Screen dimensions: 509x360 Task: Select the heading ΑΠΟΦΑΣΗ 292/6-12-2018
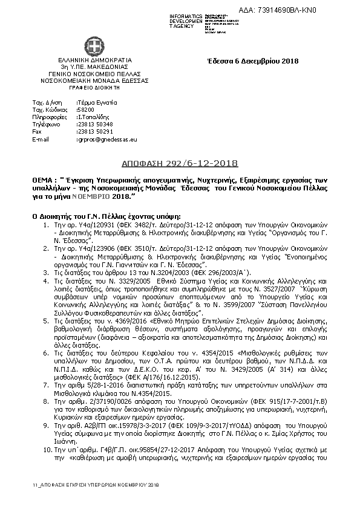click(x=181, y=164)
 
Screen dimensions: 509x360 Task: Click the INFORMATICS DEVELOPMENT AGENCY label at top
click(x=186, y=19)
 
